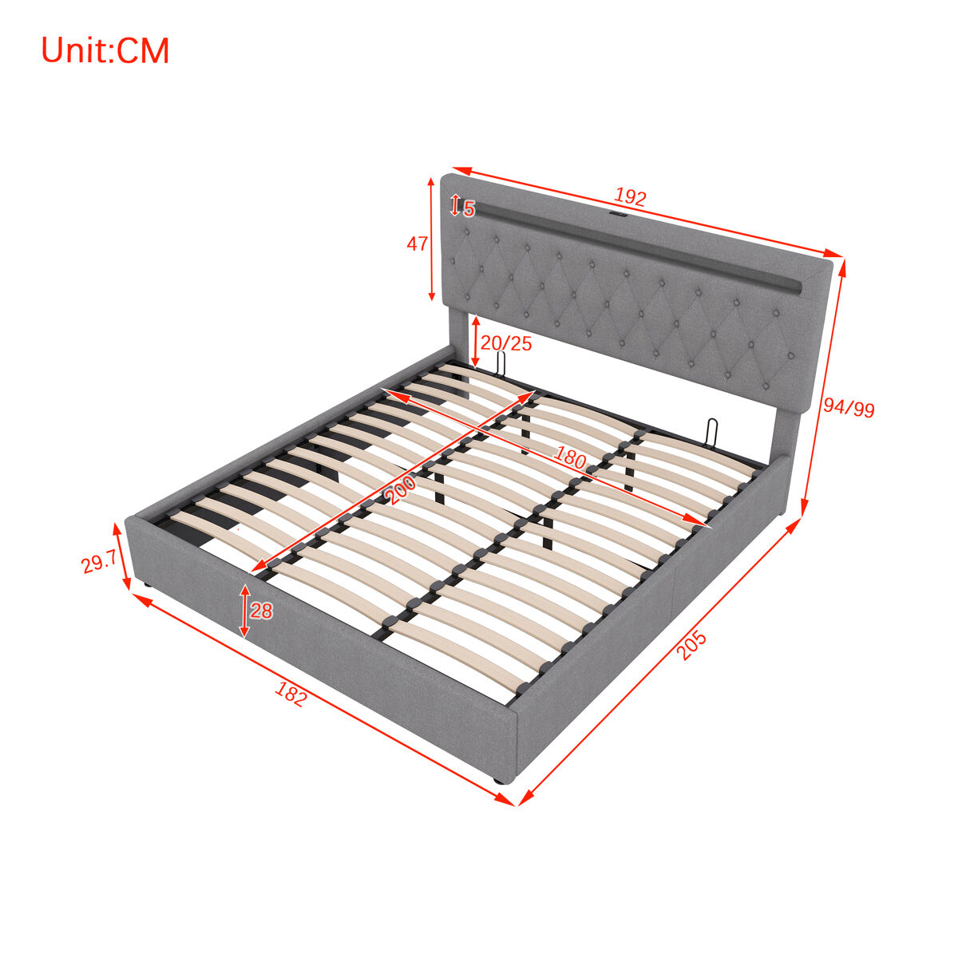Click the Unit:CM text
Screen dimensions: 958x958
click(x=105, y=51)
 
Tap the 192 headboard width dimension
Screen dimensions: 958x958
click(x=630, y=197)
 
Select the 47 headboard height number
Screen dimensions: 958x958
click(x=417, y=243)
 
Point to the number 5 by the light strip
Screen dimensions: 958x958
click(x=469, y=209)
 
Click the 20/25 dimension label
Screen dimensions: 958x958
click(x=506, y=343)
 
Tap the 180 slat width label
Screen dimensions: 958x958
click(x=570, y=457)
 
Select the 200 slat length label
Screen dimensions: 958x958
click(x=401, y=489)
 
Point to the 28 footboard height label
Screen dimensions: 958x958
click(x=261, y=611)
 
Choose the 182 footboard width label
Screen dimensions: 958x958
click(x=291, y=694)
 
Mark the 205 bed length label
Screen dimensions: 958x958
click(x=691, y=645)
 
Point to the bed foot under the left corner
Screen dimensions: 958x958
click(x=147, y=586)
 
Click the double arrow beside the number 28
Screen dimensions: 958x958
click(x=244, y=611)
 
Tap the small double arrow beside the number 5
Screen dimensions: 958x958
click(x=454, y=205)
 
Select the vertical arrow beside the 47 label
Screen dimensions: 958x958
click(x=432, y=239)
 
